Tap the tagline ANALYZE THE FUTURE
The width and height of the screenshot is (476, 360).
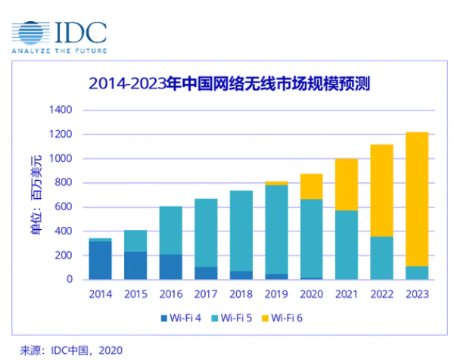58,51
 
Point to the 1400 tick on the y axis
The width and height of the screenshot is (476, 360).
61,110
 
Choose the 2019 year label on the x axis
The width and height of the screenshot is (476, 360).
275,293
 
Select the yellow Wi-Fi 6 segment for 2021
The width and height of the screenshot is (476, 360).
347,185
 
